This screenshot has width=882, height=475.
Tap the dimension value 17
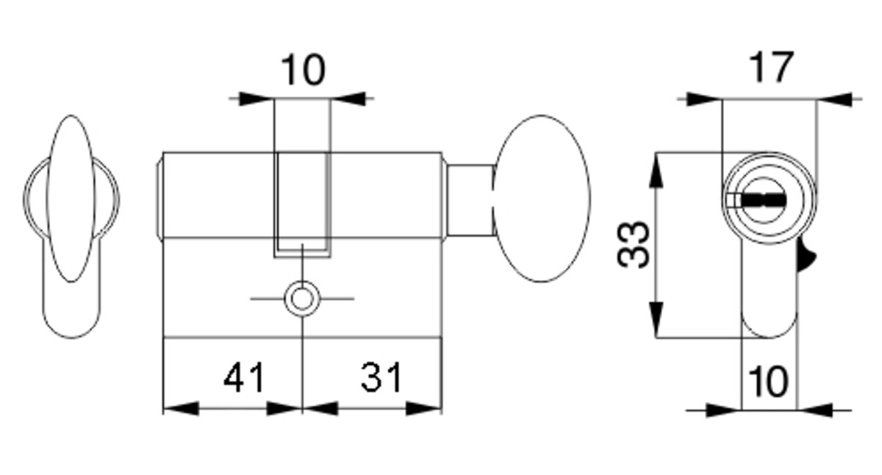pos(771,68)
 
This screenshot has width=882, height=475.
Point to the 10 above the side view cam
pos(302,71)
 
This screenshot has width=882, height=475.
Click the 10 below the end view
pos(768,382)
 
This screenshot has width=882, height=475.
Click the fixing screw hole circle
pos(301,299)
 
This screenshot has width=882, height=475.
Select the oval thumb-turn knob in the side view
pos(542,199)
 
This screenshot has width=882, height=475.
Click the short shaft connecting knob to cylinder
pos(470,200)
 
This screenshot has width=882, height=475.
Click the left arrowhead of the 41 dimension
pos(180,408)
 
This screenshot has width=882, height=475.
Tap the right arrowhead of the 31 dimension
pos(424,408)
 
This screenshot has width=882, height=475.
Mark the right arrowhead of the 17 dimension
pos(834,99)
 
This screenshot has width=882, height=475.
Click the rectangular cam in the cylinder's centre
pos(301,202)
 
